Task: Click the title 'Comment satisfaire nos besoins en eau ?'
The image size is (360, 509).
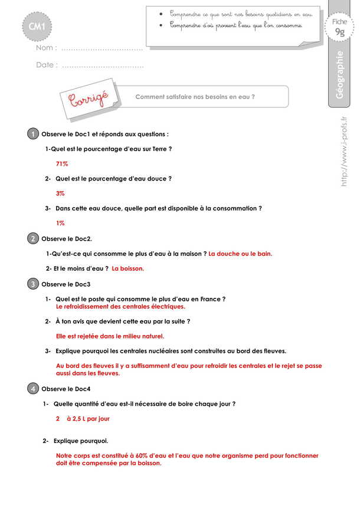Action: point(195,97)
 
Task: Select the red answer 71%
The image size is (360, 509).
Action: point(62,164)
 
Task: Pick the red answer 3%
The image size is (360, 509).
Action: point(60,193)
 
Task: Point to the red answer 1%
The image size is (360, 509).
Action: point(60,223)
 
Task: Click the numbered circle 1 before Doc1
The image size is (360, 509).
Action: point(33,134)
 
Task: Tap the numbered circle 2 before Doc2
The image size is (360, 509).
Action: point(33,238)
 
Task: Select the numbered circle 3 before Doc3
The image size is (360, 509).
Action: point(33,284)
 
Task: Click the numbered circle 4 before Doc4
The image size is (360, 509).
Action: point(33,389)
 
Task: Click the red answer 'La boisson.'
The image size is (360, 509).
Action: point(128,268)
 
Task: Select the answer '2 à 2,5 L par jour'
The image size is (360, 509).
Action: point(83,419)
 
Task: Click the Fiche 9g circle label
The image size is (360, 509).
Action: point(339,28)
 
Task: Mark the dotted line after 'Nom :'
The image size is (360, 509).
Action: point(102,48)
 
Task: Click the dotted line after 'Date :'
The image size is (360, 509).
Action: point(102,65)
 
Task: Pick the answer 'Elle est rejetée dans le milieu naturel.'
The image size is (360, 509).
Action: point(110,336)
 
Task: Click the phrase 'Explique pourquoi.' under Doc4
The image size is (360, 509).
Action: point(80,441)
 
